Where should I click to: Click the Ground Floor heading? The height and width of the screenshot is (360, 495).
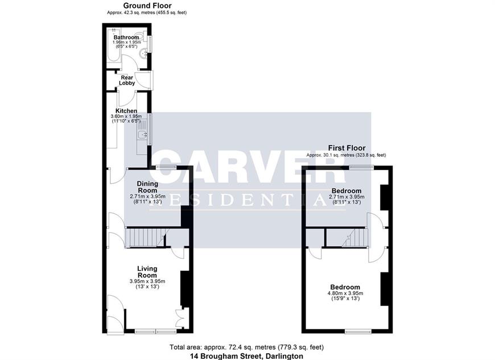[x=147, y=5]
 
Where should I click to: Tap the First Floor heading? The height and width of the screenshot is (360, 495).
[x=346, y=148]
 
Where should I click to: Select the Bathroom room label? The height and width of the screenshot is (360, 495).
[x=126, y=37]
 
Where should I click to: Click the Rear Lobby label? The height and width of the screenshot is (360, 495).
[x=127, y=80]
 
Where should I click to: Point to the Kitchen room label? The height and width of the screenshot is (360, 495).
[x=126, y=111]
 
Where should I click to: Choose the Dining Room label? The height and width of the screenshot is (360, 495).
[x=147, y=187]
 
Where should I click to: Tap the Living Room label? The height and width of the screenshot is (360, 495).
[x=147, y=272]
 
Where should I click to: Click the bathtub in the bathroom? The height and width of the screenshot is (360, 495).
[x=113, y=45]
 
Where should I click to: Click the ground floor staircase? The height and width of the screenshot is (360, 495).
[x=146, y=238]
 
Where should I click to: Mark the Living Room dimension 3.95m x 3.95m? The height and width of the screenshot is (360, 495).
[x=147, y=281]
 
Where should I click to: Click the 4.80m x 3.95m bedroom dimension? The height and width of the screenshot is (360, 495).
[x=345, y=293]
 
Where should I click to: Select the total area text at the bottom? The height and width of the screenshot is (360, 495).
[x=247, y=347]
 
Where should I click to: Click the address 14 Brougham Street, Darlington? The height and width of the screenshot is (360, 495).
[x=246, y=356]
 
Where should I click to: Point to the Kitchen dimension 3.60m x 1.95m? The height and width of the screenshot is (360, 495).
[x=126, y=116]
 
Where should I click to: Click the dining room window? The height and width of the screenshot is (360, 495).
[x=166, y=167]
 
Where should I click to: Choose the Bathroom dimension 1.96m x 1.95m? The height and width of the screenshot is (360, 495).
[x=126, y=42]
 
